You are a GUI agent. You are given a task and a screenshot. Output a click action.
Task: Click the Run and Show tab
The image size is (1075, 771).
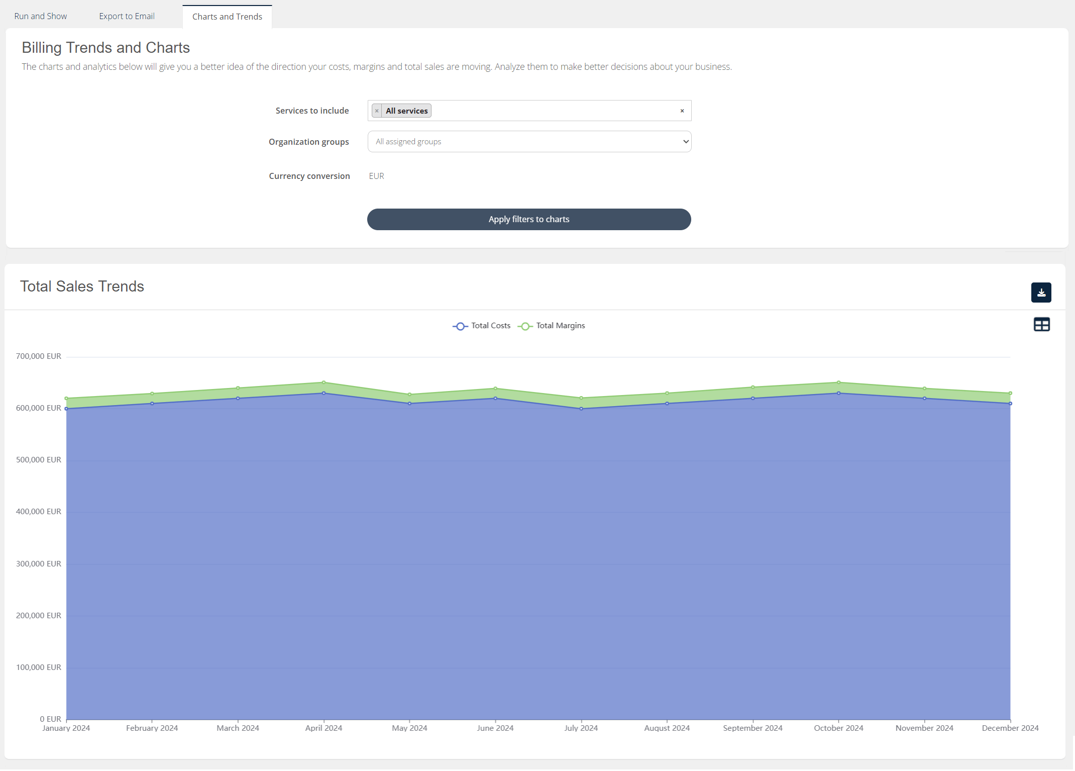click(x=40, y=16)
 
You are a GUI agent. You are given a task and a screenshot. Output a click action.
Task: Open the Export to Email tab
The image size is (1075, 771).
click(x=127, y=16)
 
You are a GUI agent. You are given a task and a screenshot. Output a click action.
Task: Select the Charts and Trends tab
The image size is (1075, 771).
click(x=227, y=17)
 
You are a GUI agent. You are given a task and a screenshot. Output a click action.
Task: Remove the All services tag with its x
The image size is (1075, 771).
click(x=377, y=111)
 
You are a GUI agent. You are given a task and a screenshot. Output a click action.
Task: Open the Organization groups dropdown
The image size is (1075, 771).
click(x=529, y=142)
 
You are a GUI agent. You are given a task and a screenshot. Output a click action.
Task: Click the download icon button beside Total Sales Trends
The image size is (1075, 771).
click(x=1041, y=293)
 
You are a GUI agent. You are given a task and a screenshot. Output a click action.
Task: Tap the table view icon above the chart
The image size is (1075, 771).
click(x=1041, y=325)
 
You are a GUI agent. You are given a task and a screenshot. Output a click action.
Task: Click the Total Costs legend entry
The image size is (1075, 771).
click(x=482, y=326)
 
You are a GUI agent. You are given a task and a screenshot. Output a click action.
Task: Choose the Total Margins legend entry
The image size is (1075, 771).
click(x=552, y=326)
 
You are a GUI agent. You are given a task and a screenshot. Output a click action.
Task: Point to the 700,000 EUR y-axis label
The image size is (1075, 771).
click(x=39, y=356)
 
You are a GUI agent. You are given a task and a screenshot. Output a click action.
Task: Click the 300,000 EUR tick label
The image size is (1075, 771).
click(x=39, y=564)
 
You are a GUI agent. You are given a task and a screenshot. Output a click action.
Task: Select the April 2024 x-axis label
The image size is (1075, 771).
click(x=324, y=728)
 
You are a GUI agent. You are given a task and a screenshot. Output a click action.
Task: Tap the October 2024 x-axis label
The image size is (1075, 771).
click(x=838, y=728)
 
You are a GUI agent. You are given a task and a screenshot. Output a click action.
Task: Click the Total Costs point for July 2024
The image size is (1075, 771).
click(x=581, y=409)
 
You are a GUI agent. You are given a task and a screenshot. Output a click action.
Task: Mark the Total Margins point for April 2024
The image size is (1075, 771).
click(x=324, y=382)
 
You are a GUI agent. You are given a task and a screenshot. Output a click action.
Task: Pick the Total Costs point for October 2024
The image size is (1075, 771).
click(x=838, y=393)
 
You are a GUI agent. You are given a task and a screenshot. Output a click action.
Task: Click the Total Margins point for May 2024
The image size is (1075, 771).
click(x=409, y=395)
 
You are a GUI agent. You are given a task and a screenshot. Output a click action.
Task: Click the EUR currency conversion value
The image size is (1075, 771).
click(x=376, y=176)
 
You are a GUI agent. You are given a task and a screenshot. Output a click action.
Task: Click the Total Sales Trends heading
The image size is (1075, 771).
click(x=82, y=286)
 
